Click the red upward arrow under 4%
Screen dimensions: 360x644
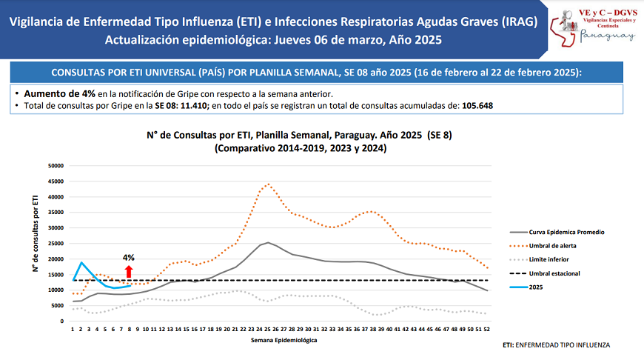tap(129, 272)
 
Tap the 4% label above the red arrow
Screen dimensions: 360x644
tap(129, 258)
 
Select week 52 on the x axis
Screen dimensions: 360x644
tap(486, 328)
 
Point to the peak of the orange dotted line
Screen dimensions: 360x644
tap(268, 184)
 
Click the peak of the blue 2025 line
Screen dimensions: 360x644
tap(81, 262)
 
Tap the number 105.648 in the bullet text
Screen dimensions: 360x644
tap(477, 106)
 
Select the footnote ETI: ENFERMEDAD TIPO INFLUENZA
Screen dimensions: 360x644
tap(557, 345)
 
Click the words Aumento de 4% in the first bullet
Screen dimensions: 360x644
tap(60, 94)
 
